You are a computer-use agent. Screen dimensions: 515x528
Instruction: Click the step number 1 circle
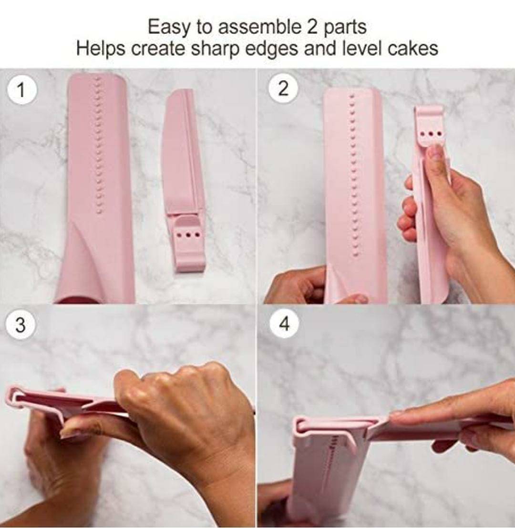point(21,90)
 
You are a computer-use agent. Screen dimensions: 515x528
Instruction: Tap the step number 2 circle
point(284,89)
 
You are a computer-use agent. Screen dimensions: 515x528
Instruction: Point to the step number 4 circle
point(285,324)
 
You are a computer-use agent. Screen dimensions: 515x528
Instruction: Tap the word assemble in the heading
point(259,27)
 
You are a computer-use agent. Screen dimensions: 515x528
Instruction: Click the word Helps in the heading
point(100,49)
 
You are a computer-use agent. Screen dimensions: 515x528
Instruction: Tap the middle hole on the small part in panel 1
point(189,233)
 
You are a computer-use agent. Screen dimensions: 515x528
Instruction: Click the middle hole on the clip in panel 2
point(431,134)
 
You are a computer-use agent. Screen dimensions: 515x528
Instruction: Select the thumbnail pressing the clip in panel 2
point(436,152)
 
